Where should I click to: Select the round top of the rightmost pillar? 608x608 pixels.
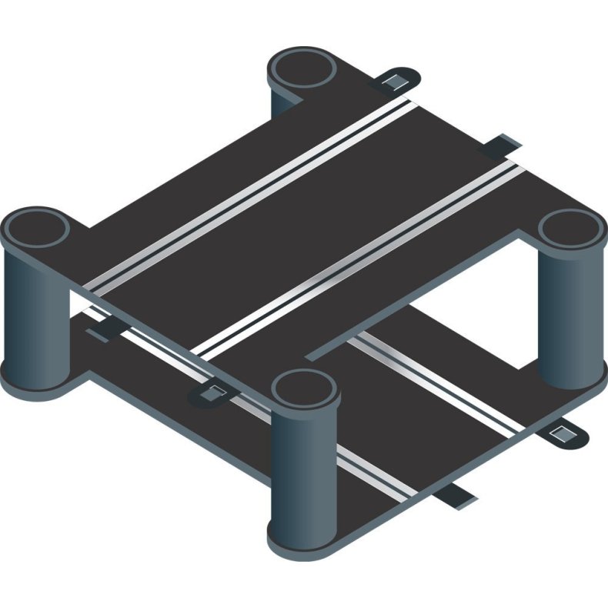570,229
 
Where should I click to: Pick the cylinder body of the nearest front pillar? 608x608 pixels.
304,469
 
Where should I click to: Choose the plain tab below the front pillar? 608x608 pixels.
459,496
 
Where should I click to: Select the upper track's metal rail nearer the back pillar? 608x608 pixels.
254,188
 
